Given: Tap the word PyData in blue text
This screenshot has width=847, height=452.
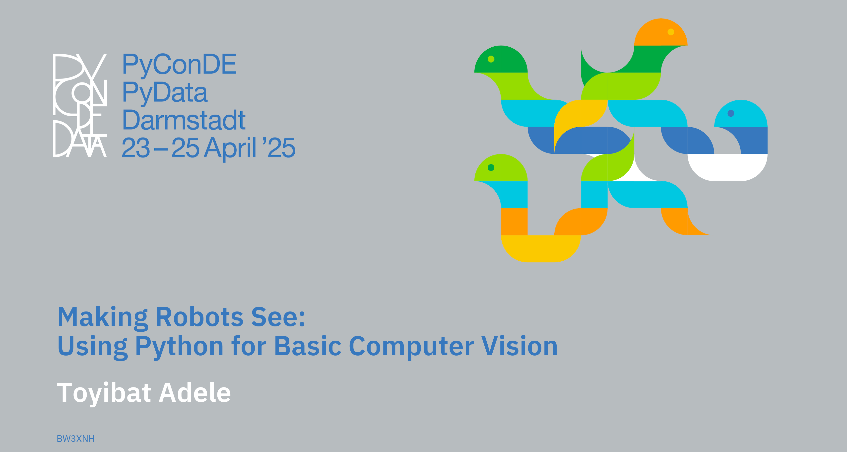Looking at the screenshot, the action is pos(165,93).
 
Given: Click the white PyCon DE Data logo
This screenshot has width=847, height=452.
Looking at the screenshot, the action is pos(80,105).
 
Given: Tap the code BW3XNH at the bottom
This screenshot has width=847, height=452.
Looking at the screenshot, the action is pos(76,439).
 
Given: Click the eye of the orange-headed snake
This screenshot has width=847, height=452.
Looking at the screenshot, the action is pos(671,32).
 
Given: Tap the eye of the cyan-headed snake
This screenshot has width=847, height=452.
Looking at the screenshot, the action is pos(731,113).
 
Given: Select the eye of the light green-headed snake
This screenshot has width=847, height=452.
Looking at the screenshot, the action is pos(491,168).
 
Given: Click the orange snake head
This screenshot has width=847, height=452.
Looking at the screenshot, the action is pos(660,33).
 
